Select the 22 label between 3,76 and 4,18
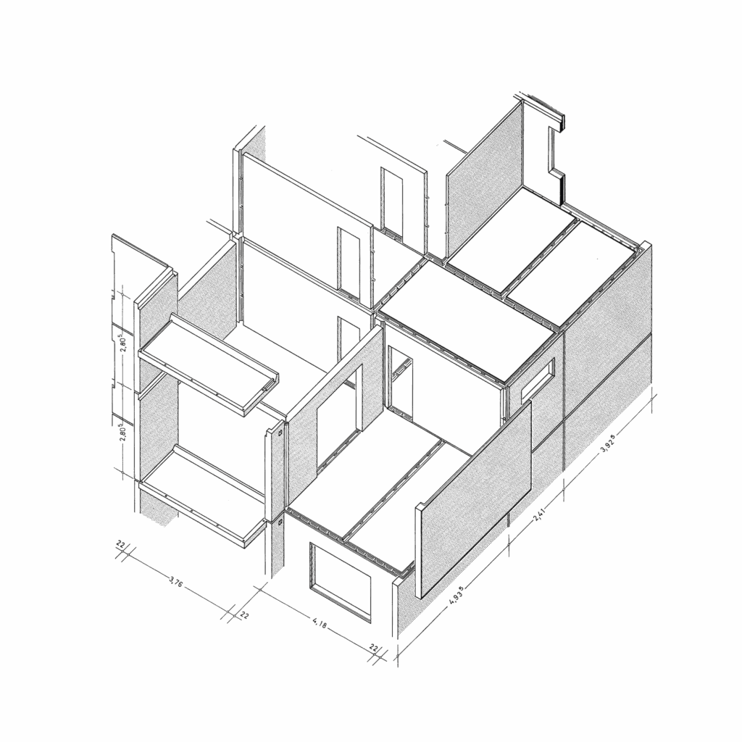tap(245, 614)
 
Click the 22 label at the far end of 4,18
tap(374, 648)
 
